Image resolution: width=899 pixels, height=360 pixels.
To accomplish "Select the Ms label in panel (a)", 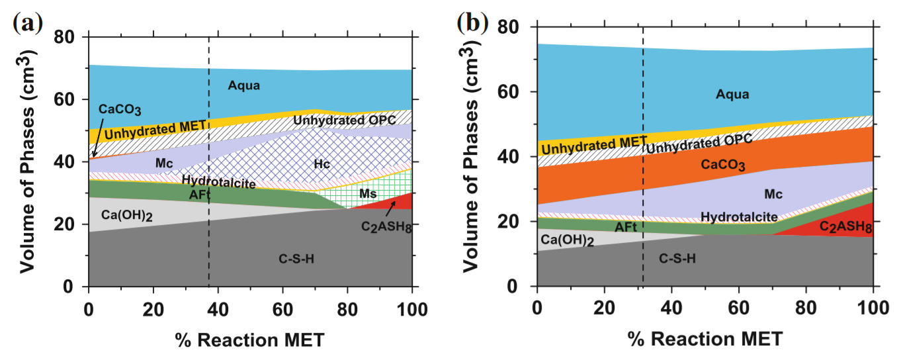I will coord(368,193).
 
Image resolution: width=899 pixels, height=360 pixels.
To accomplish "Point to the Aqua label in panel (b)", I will coord(732,95).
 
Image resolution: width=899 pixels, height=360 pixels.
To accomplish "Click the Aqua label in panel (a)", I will coord(244,85).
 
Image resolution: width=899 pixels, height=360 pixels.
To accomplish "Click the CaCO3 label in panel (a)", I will coord(120,110).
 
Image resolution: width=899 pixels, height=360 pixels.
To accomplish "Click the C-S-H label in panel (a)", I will coord(296,259).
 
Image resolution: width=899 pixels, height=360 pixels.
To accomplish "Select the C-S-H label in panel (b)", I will coord(677,259).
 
